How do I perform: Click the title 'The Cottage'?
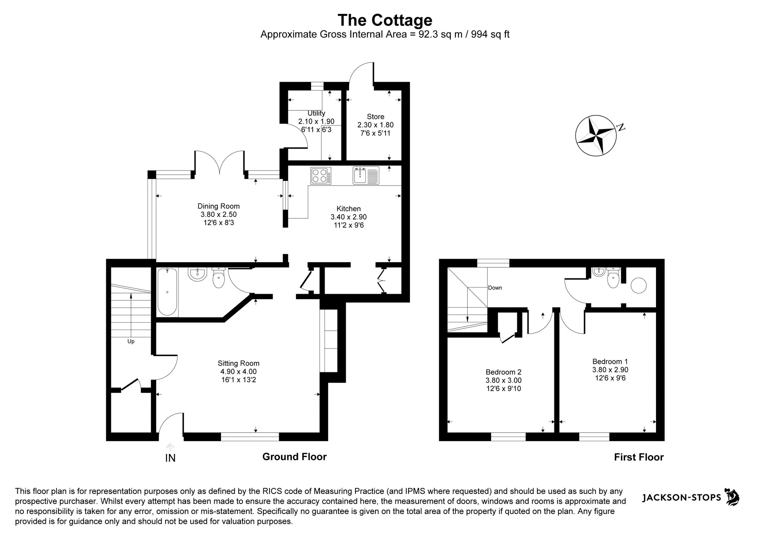385,20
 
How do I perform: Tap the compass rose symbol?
596,136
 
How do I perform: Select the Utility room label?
316,113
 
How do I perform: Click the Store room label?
375,117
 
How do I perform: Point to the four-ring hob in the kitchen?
321,176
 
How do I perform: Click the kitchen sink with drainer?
366,176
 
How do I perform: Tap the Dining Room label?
219,206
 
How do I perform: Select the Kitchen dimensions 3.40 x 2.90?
349,217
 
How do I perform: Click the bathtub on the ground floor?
167,292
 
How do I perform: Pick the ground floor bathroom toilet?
218,277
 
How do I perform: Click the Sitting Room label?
239,363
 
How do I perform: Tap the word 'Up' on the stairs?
131,341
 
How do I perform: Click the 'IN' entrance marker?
170,458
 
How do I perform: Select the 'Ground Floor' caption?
295,457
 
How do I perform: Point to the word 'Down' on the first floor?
495,288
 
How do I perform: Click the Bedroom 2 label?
504,372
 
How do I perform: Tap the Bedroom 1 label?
610,362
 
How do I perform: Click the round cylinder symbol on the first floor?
639,286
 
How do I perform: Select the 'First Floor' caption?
639,457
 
